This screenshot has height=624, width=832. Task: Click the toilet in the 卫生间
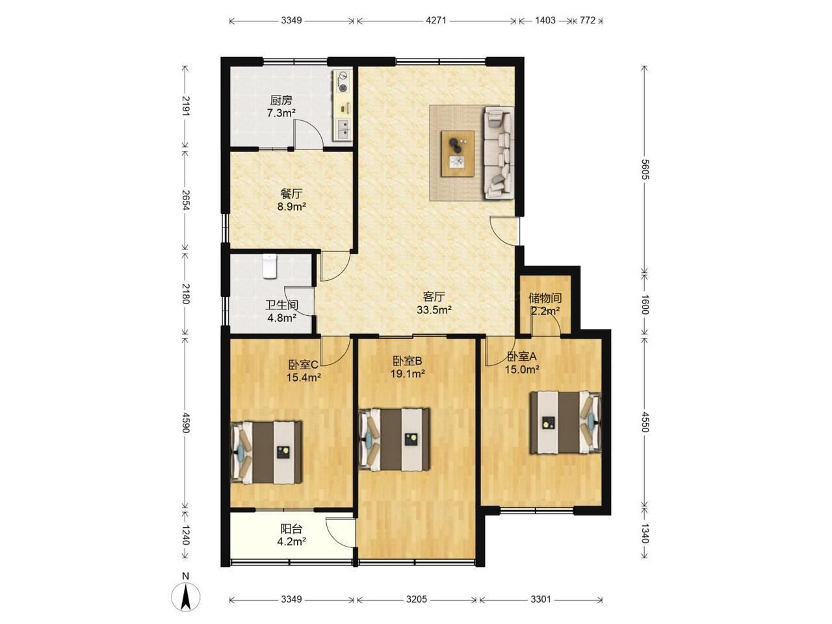(x=270, y=266)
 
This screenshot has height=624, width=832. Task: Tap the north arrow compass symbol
(x=185, y=603)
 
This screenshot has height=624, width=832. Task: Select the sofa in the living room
(x=498, y=152)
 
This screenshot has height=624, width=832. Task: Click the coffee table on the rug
(x=457, y=153)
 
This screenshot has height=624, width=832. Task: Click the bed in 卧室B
(x=394, y=439)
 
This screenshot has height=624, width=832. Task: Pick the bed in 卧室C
(x=266, y=452)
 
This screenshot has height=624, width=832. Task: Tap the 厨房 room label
(x=281, y=100)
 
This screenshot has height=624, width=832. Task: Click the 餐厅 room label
(x=291, y=194)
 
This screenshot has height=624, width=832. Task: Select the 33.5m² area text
(x=434, y=310)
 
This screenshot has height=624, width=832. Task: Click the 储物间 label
(x=545, y=298)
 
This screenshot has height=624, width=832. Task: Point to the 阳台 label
(x=291, y=528)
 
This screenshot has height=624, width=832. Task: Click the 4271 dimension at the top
(x=436, y=20)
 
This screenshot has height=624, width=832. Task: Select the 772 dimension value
(x=588, y=20)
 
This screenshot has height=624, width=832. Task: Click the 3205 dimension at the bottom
(x=416, y=599)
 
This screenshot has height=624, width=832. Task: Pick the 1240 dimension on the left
(x=185, y=535)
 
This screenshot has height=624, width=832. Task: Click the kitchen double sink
(x=79, y=129)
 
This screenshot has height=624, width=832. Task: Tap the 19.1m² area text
(x=408, y=374)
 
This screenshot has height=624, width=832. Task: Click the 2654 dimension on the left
(x=185, y=200)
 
